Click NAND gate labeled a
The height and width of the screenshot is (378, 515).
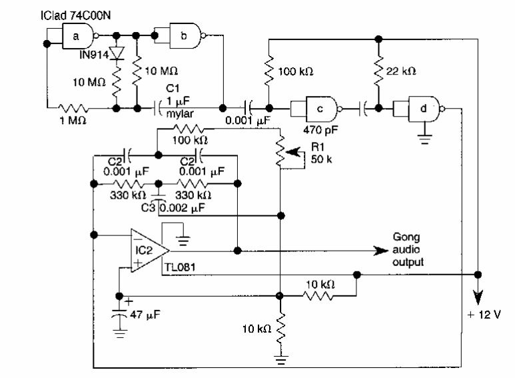coord(77,36)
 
